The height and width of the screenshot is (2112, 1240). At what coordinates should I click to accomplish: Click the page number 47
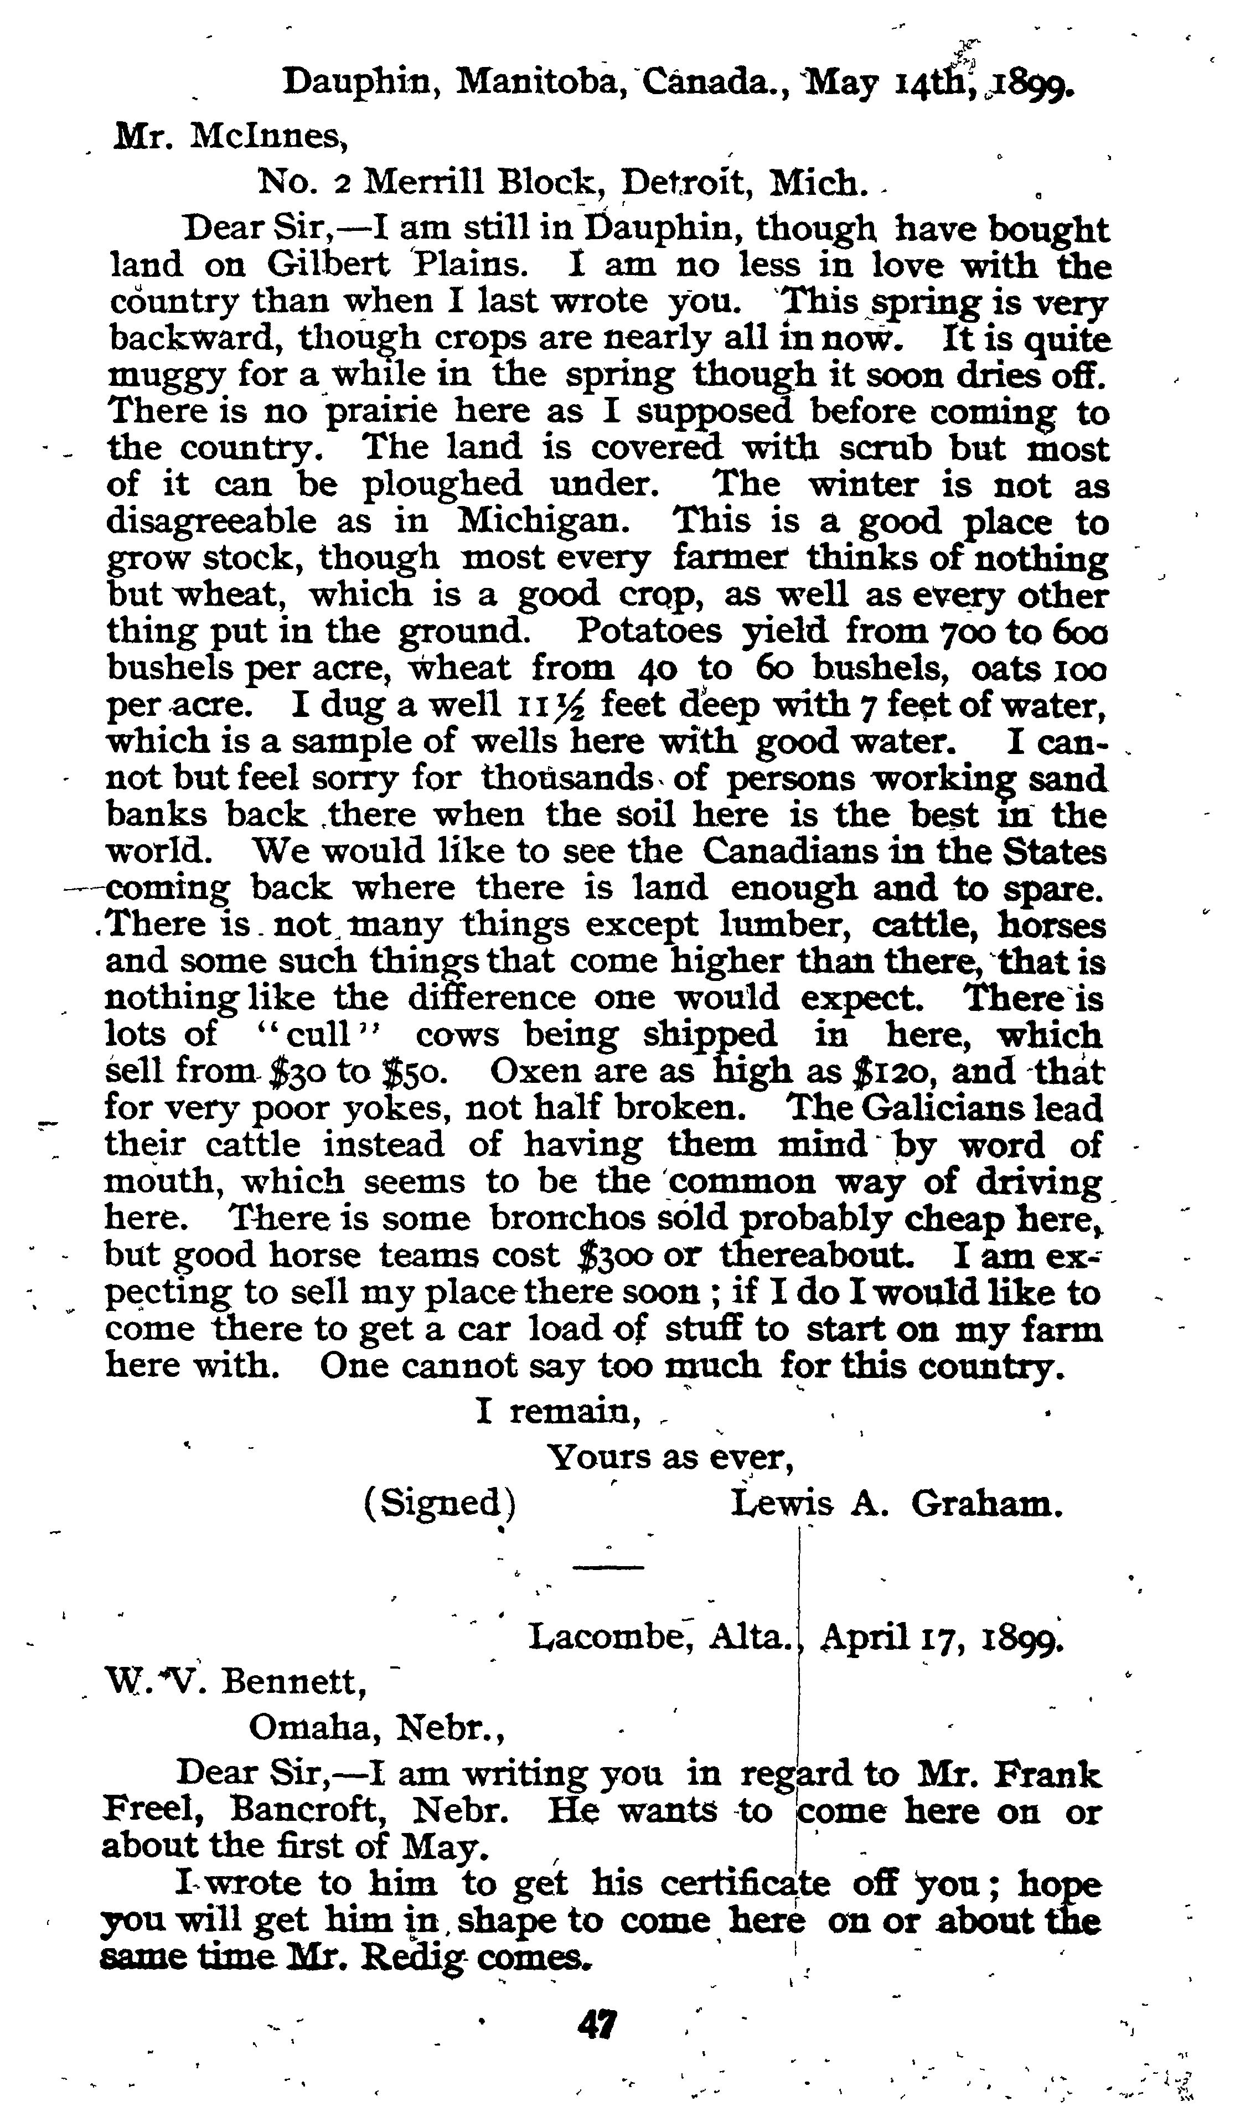coord(597,2026)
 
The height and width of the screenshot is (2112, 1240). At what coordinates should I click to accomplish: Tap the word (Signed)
coord(440,1502)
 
